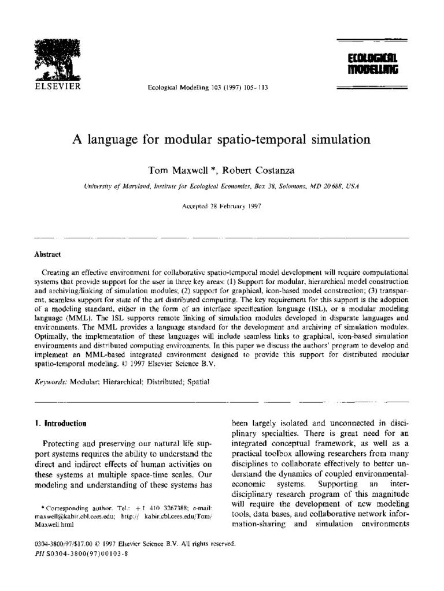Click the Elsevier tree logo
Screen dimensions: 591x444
click(x=56, y=58)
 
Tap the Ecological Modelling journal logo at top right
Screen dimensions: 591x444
click(x=372, y=65)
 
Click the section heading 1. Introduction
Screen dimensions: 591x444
click(x=61, y=423)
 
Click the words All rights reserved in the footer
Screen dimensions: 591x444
click(x=206, y=544)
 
